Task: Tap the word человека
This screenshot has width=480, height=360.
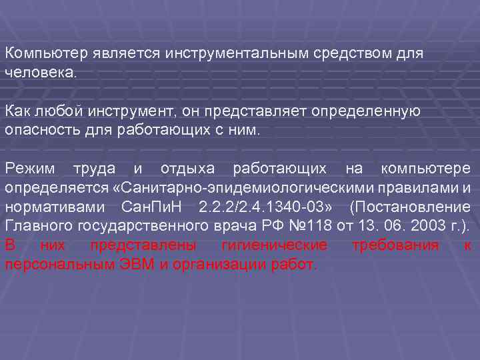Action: click(x=41, y=72)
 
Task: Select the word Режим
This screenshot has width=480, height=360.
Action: click(x=31, y=169)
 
